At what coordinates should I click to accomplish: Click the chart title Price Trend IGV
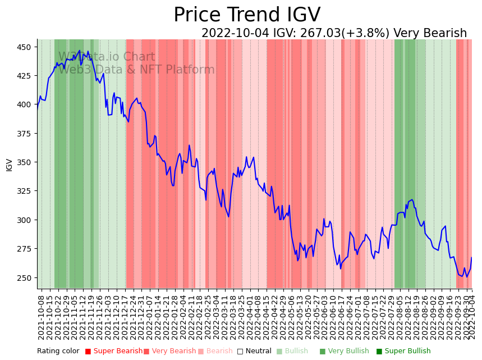[x=247, y=15]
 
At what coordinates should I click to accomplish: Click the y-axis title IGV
[x=10, y=165]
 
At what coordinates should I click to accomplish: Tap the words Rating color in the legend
[x=58, y=352]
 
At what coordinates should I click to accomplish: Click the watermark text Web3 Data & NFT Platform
[x=136, y=70]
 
